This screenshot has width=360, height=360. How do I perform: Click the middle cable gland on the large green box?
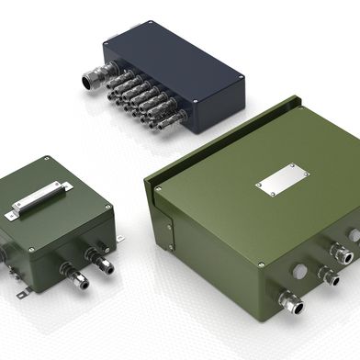click(327, 273)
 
